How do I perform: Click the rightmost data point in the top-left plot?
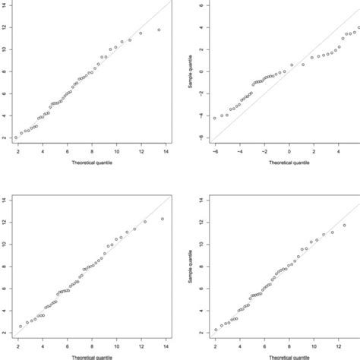[159, 30]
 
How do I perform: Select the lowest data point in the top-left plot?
[16, 137]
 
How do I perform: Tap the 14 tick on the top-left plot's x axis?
[166, 150]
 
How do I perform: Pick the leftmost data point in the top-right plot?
[215, 118]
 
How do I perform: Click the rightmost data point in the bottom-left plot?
[162, 219]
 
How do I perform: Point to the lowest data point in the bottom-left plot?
[21, 327]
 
